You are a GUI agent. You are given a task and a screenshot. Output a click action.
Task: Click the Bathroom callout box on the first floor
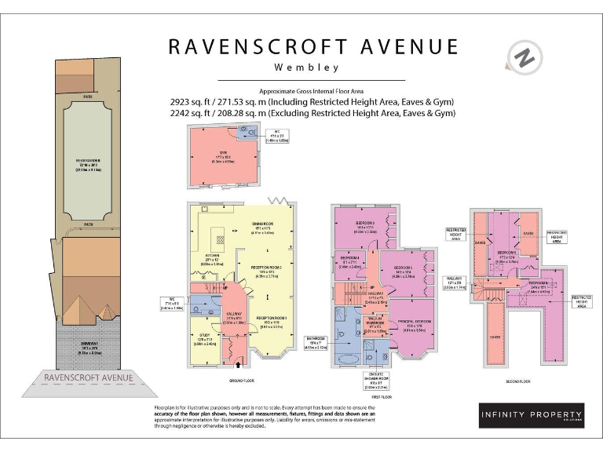317,342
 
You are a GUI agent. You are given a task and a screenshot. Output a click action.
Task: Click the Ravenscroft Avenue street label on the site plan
88,377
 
